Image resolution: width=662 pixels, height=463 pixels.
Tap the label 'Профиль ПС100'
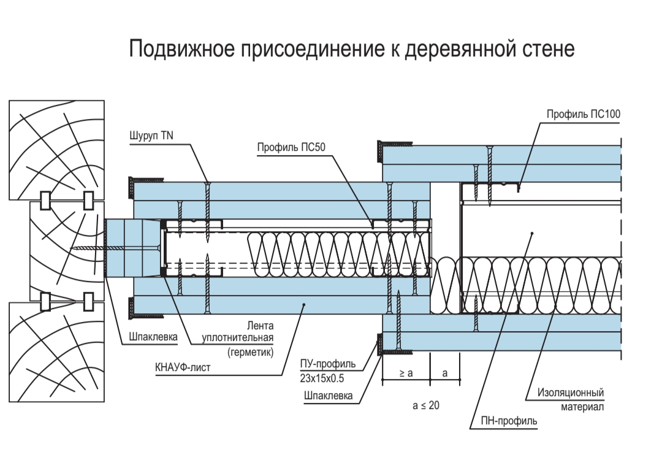pos(582,115)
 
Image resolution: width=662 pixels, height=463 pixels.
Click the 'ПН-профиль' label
pos(512,421)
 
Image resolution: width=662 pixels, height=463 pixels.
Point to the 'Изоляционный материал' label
pos(571,399)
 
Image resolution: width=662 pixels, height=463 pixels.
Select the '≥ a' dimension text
pos(405,373)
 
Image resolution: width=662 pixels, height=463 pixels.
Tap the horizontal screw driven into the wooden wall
pos(92,248)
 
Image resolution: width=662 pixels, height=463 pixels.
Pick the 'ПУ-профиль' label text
pos(324,365)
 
